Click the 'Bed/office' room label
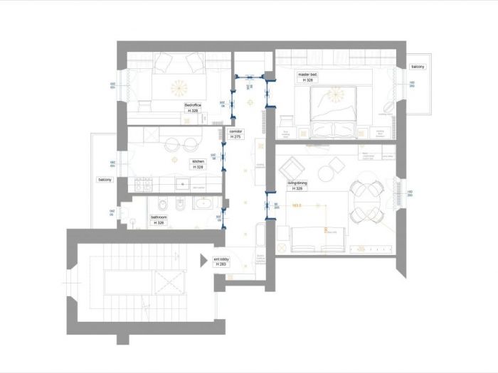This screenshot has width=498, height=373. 193,105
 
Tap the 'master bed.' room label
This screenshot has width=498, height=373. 307,75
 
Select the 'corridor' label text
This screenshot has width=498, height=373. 237,131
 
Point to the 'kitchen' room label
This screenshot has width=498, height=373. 198,161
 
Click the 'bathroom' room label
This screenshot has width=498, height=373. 159,217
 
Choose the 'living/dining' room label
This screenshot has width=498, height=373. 297,183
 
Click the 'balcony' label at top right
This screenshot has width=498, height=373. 418,67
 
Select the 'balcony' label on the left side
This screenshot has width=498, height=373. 105,180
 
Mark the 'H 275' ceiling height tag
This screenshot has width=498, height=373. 237,136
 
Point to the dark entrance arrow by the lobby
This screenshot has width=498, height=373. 203,260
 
